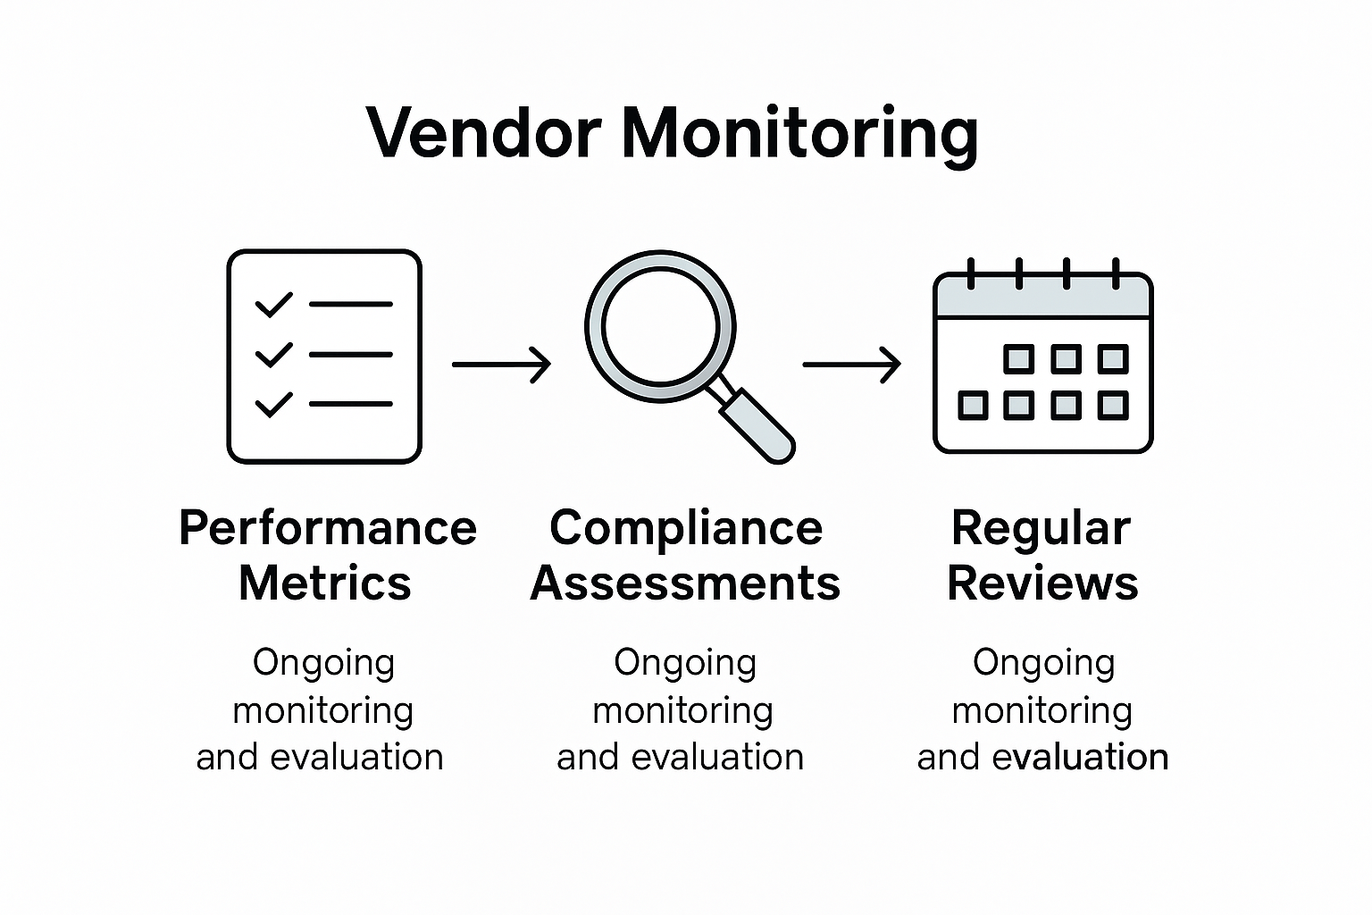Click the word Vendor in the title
pos(482,134)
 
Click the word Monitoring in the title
pos(799,134)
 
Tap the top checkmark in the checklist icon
pos(273,305)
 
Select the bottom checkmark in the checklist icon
pos(273,405)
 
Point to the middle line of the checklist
pos(350,355)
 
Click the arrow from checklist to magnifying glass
pos(501,365)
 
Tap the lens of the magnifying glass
pos(660,325)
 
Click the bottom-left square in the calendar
pos(973,406)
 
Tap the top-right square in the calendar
pos(1112,359)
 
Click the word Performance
pos(327,528)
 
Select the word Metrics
pos(324,583)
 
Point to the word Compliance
pos(685,528)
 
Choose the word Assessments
pos(685,583)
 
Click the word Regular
pos(1041,528)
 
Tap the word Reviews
pos(1042,583)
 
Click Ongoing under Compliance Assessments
pos(685,663)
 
